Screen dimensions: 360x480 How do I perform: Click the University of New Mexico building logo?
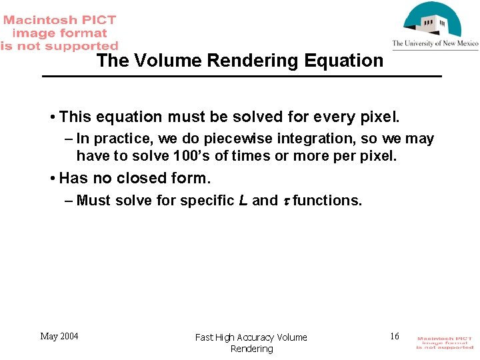[434, 20]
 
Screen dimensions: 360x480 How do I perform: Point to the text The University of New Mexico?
[435, 44]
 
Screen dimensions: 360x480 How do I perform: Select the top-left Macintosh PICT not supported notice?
[59, 33]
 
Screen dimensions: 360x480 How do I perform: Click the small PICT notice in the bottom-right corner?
[445, 343]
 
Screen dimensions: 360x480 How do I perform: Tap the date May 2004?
[59, 336]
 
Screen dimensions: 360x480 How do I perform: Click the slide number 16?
[395, 336]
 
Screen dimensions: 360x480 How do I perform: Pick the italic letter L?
[243, 201]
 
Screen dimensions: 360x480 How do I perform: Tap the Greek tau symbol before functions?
[285, 201]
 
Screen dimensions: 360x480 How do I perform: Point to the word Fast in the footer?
[203, 337]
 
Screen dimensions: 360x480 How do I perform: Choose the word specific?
[207, 201]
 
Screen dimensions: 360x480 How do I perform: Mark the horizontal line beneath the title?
[241, 77]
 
